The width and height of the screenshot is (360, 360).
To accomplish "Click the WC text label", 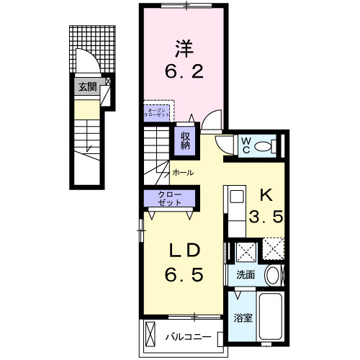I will (x=246, y=145).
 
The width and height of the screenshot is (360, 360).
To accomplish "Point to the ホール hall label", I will (x=183, y=174).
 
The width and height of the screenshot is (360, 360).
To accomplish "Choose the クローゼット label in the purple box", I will (x=171, y=198).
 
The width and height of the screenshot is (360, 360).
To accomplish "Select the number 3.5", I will (x=264, y=217).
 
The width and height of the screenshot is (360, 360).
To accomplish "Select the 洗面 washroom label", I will (x=246, y=274).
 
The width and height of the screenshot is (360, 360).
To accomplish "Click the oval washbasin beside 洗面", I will (x=272, y=275).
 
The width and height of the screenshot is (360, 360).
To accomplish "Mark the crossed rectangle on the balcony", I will (x=150, y=335).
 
